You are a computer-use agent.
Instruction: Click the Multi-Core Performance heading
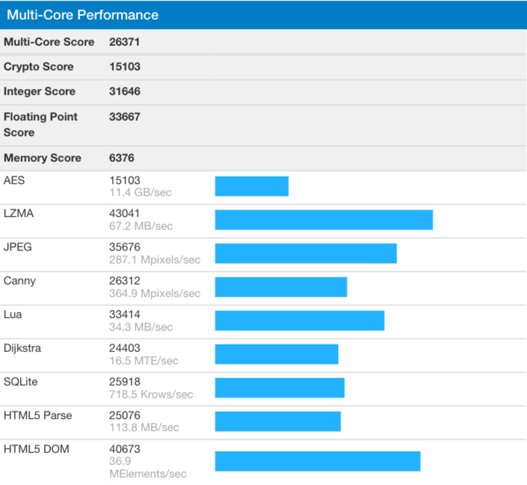pos(82,15)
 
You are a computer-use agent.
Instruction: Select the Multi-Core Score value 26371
pos(124,42)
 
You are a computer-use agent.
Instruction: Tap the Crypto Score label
pos(38,67)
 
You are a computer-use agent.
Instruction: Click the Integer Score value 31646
pos(125,91)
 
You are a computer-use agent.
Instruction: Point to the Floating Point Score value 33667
pos(125,117)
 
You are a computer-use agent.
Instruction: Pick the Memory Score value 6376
pos(122,158)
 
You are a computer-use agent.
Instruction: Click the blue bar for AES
pos(251,186)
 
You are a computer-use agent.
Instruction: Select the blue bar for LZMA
pos(324,220)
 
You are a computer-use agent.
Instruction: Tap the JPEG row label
pos(18,247)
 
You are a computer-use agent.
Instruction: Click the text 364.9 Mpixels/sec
pos(155,293)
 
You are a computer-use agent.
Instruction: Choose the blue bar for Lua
pos(299,321)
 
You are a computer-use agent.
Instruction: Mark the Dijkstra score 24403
pos(125,348)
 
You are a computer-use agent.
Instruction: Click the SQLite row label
pos(21,382)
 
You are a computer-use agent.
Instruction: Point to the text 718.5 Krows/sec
pos(151,394)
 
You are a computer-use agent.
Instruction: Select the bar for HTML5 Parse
pos(278,422)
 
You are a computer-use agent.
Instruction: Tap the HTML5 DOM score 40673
pos(125,449)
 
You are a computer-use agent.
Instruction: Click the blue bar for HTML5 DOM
pos(318,461)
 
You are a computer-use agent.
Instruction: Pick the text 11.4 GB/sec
pos(140,192)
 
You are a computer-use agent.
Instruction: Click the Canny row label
pos(19,281)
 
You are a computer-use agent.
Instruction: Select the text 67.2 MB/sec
pos(141,226)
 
